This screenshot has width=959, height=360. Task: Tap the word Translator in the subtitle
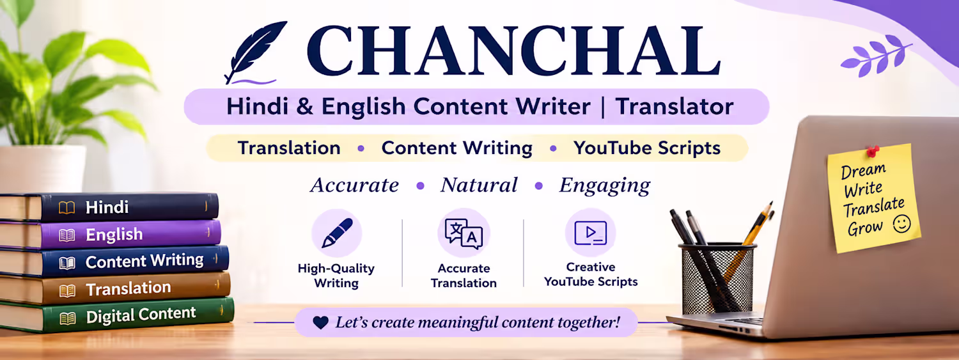pyautogui.click(x=674, y=107)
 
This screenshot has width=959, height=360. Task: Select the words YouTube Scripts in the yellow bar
pyautogui.click(x=647, y=148)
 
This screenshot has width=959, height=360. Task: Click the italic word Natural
pyautogui.click(x=479, y=185)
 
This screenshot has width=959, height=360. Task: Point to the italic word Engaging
pyautogui.click(x=605, y=186)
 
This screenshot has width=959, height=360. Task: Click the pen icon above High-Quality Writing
pyautogui.click(x=337, y=233)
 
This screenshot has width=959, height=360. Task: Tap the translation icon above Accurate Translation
pyautogui.click(x=464, y=234)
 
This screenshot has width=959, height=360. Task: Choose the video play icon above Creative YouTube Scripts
pyautogui.click(x=590, y=233)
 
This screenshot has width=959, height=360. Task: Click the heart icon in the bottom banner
pyautogui.click(x=320, y=322)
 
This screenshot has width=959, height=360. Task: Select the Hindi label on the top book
pyautogui.click(x=107, y=208)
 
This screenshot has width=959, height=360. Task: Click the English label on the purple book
pyautogui.click(x=114, y=235)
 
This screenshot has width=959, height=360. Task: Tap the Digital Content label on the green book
pyautogui.click(x=141, y=315)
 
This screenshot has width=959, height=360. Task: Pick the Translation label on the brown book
pyautogui.click(x=129, y=288)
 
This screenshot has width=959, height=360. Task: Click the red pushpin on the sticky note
pyautogui.click(x=872, y=151)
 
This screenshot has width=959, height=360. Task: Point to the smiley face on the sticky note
pyautogui.click(x=901, y=224)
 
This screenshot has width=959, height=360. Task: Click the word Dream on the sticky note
pyautogui.click(x=863, y=171)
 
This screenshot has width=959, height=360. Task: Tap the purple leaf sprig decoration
pyautogui.click(x=875, y=56)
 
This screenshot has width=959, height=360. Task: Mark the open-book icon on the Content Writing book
pyautogui.click(x=66, y=263)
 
